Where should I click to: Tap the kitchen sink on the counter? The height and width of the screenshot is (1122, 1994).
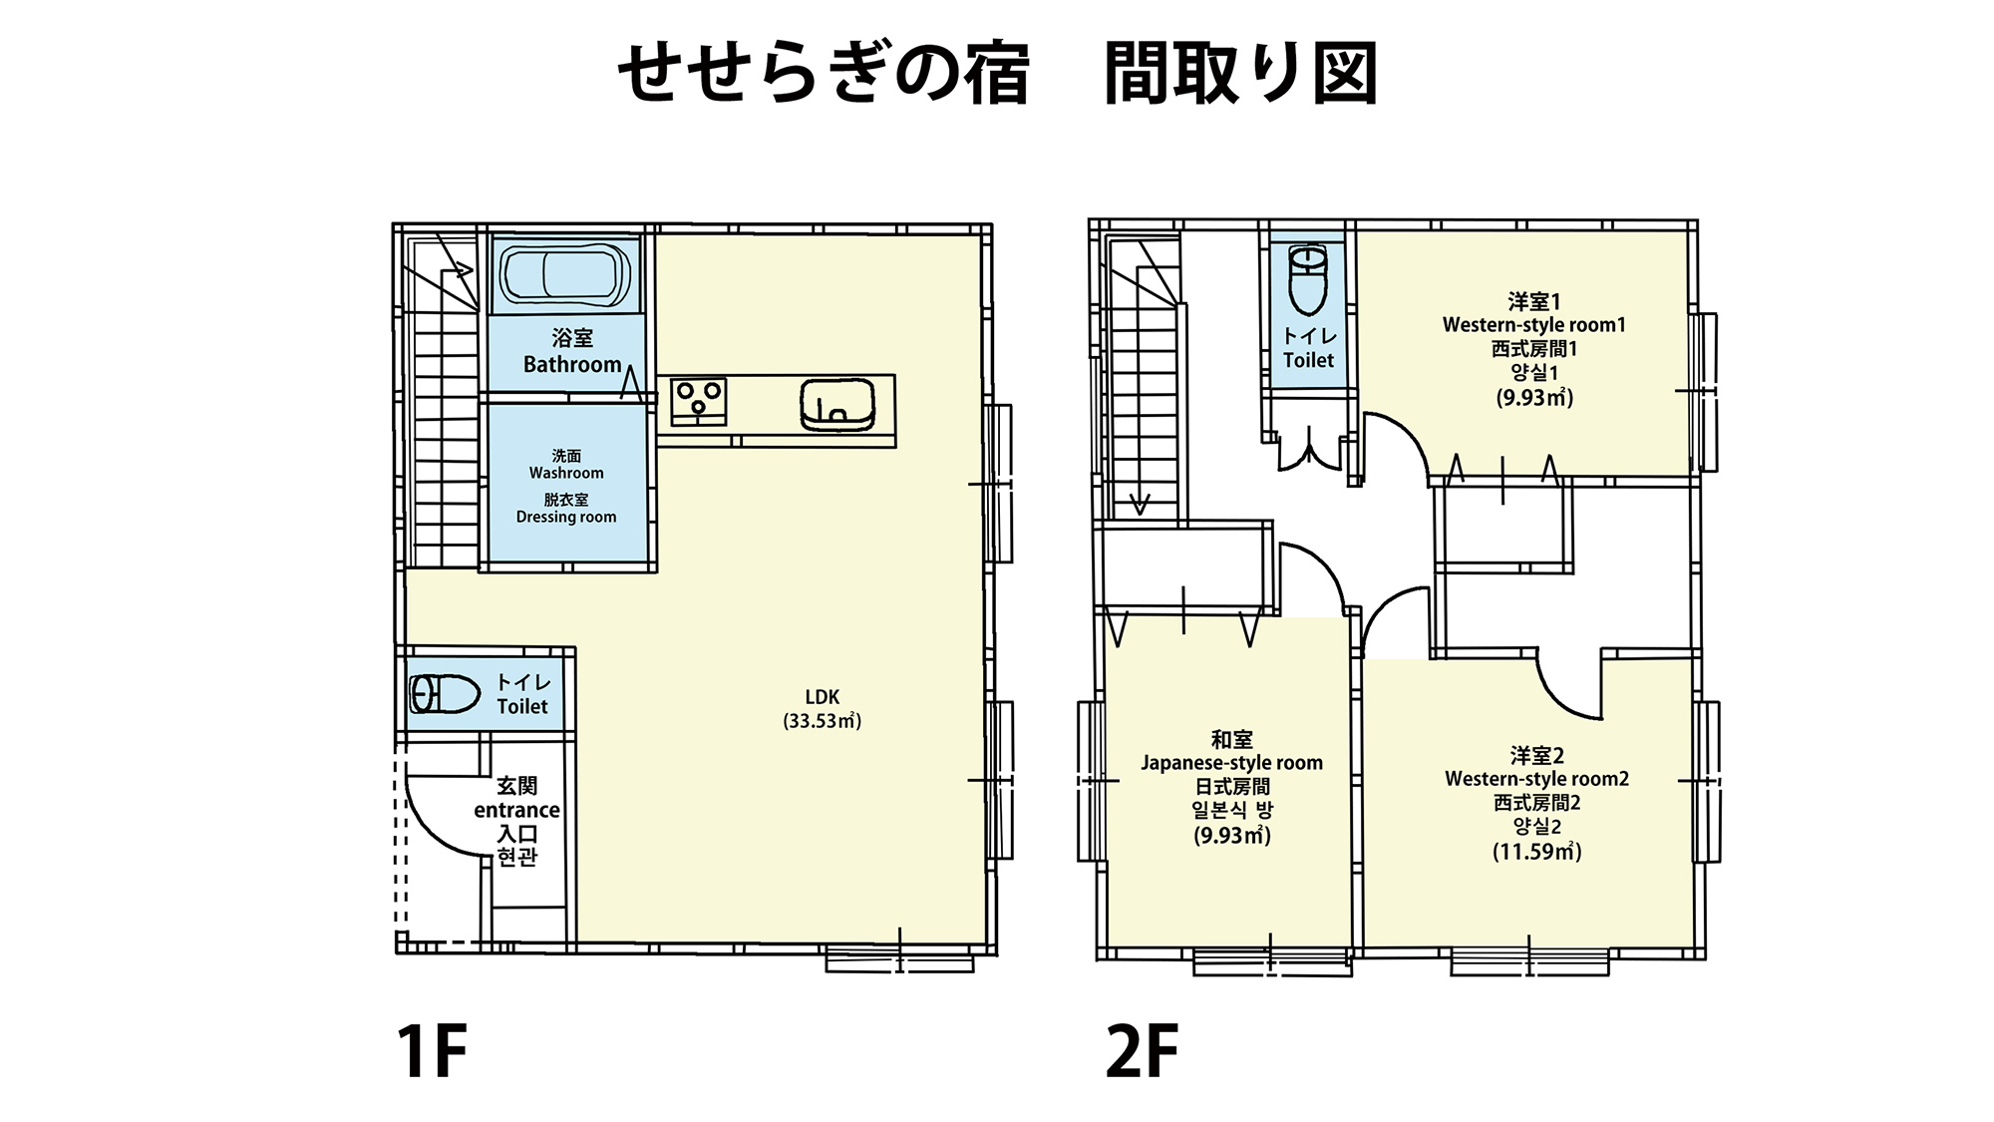[837, 406]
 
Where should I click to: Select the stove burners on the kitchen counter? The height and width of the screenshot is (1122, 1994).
[698, 400]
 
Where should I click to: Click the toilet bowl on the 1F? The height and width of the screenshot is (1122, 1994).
[445, 694]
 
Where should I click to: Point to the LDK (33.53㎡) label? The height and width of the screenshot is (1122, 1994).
[823, 709]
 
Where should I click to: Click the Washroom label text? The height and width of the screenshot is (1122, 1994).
[566, 473]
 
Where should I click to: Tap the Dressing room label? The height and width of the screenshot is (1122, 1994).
[566, 517]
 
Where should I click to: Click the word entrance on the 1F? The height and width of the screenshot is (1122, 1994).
[516, 810]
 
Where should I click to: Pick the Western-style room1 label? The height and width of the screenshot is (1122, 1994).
[1533, 325]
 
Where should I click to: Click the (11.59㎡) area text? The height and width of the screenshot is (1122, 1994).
[1536, 852]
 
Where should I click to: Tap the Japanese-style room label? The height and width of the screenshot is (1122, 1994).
[1231, 763]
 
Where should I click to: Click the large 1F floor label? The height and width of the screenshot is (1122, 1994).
[432, 1050]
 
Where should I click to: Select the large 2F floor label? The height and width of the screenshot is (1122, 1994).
[1143, 1050]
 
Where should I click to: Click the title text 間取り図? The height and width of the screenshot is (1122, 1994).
[1240, 74]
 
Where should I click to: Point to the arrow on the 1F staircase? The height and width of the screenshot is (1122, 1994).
[461, 268]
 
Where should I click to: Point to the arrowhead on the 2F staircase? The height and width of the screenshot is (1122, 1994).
[1140, 505]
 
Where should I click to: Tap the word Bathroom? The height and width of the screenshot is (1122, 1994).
[572, 365]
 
